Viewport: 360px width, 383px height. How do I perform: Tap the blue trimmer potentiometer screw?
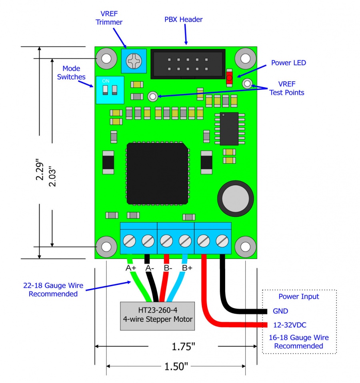point(133,61)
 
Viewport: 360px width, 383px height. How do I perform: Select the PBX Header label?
point(184,19)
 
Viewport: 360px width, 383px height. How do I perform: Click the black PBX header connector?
point(188,64)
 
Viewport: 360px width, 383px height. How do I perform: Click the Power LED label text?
point(288,63)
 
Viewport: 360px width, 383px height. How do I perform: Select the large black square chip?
point(158,173)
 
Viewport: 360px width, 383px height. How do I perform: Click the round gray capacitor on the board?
point(236,198)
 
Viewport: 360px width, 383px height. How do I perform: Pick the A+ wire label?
point(131,268)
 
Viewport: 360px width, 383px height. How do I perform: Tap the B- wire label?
point(168,268)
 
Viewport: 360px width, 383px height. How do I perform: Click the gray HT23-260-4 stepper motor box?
point(158,315)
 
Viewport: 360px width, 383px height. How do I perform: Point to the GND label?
point(280,311)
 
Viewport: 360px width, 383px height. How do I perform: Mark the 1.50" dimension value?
point(175,366)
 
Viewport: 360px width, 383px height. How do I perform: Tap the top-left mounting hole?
point(106,58)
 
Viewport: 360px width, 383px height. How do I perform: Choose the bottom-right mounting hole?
point(245,246)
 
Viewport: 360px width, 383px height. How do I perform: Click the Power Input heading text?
point(299,297)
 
